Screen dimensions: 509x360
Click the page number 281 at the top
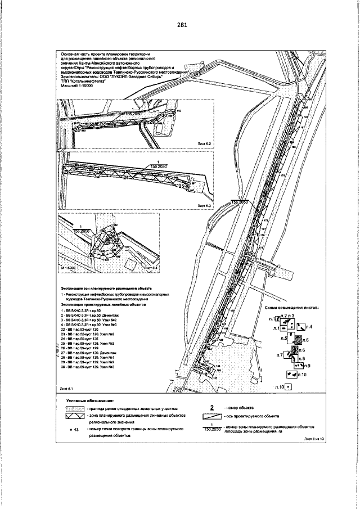[181, 25]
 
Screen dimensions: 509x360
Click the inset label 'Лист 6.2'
[204, 144]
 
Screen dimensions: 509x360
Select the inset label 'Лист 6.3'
[204, 206]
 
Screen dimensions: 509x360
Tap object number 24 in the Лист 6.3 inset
[125, 177]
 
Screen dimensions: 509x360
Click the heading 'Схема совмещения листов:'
[291, 308]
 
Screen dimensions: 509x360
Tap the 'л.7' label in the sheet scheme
[280, 355]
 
